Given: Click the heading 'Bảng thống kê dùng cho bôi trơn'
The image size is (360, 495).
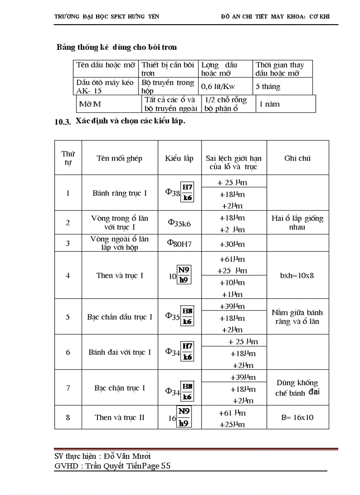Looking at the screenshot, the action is tap(116, 47).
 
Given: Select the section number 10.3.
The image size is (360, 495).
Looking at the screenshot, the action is tap(63, 123).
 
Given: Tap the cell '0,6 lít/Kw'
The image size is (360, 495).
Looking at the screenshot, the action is tap(218, 86).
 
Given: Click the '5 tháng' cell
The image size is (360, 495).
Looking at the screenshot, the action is tap(268, 86).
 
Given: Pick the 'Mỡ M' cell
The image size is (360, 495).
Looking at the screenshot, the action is tap(90, 104).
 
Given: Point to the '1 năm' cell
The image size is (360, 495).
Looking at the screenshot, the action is tap(269, 104).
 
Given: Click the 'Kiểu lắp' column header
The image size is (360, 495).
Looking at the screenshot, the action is tap(179, 158).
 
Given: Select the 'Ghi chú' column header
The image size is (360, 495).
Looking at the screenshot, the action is tap(297, 158).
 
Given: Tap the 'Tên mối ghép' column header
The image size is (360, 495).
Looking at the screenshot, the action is tap(120, 158).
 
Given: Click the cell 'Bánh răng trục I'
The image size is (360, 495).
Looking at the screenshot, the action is tap(120, 193).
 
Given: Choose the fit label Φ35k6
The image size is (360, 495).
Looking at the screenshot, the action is tap(179, 223).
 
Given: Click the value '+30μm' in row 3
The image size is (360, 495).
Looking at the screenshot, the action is tap(232, 244).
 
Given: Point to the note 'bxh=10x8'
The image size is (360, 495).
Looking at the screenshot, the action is tap(297, 275).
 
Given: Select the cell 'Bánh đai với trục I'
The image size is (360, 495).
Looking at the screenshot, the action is tap(120, 352).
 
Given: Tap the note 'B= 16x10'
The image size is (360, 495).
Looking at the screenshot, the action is tap(297, 417).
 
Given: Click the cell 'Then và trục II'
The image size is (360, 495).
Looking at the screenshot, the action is tap(120, 417).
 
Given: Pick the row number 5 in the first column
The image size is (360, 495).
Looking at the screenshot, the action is tap(68, 316).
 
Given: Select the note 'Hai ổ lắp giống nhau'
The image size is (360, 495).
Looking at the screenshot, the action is tap(297, 223).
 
